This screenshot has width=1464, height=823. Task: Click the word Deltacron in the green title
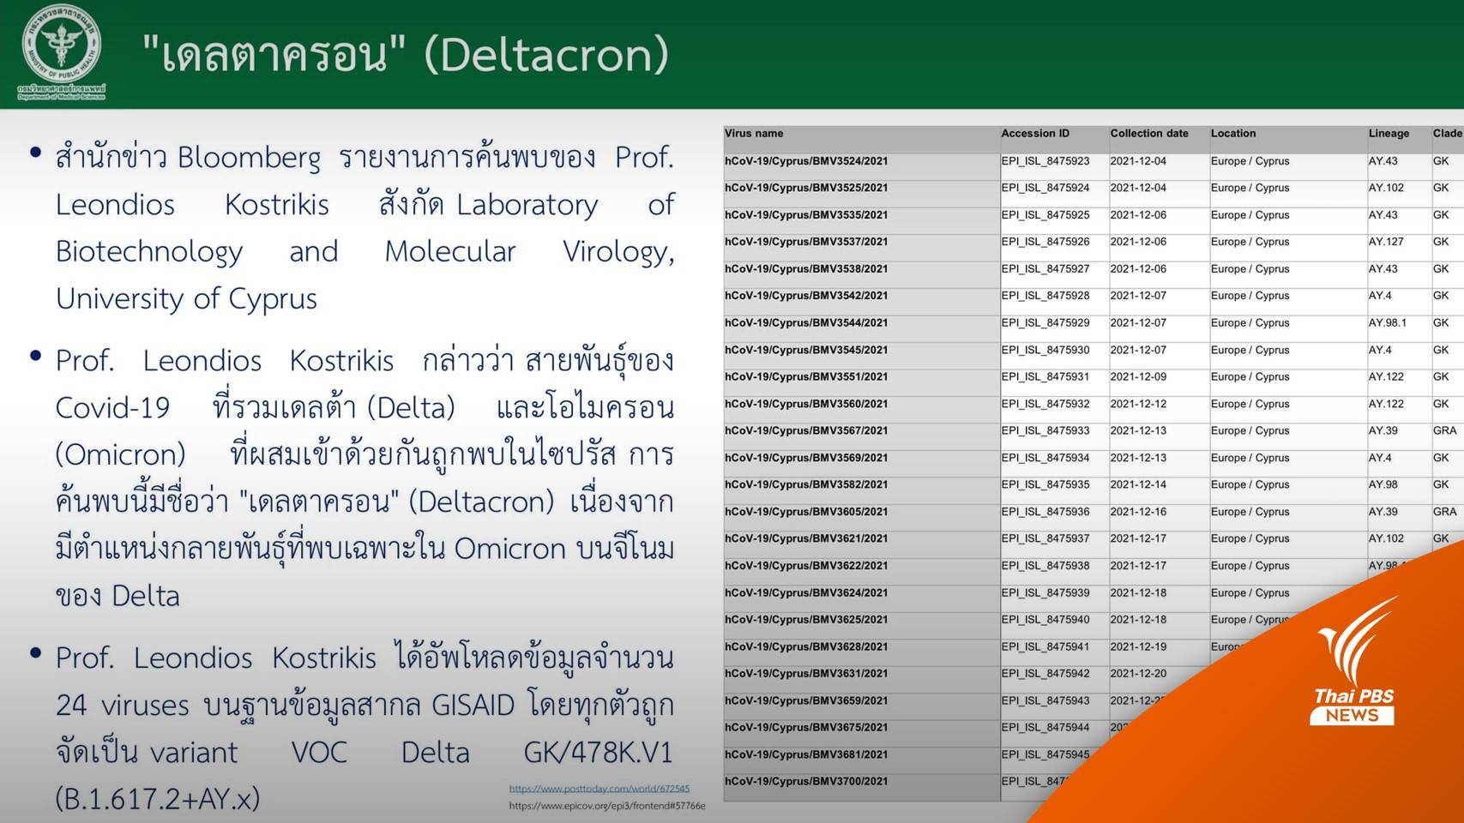click(x=546, y=54)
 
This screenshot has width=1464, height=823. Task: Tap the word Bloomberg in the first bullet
click(x=250, y=158)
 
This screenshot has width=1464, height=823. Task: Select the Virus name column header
click(x=754, y=134)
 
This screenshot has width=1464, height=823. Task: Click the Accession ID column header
click(x=1035, y=134)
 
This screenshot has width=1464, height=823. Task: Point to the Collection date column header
click(x=1149, y=134)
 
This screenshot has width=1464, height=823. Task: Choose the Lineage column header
click(x=1389, y=134)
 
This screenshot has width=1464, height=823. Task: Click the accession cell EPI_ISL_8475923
click(x=1045, y=161)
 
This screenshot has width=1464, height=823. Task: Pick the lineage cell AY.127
click(x=1386, y=242)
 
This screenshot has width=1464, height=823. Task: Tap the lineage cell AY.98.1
click(x=1388, y=323)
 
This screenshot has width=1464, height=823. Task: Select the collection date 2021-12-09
click(x=1138, y=377)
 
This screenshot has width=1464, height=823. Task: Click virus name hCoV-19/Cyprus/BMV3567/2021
click(x=806, y=431)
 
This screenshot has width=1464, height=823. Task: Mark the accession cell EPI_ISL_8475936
click(x=1045, y=512)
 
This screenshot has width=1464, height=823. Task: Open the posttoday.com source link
click(x=599, y=789)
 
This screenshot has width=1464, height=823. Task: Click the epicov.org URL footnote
click(x=606, y=806)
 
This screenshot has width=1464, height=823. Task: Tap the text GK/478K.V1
click(x=598, y=753)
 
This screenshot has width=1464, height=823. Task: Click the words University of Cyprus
click(x=186, y=299)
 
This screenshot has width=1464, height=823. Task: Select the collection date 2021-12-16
click(x=1138, y=512)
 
